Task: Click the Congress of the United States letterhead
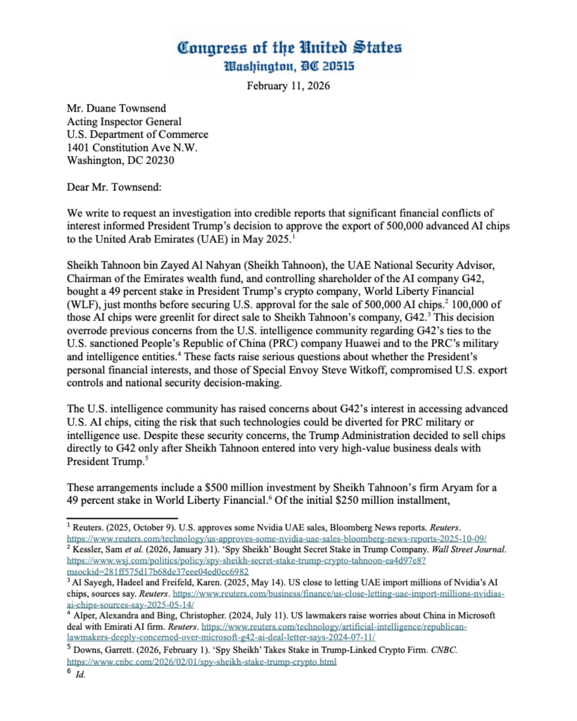point(289,48)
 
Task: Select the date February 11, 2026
point(288,86)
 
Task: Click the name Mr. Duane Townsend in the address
point(116,108)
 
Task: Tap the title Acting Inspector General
point(124,122)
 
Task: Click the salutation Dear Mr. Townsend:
point(114,187)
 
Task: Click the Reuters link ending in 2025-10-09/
point(277,539)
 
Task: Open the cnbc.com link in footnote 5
point(201,662)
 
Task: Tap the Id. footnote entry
point(80,675)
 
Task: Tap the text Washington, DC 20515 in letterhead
point(289,67)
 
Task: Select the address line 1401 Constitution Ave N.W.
point(132,148)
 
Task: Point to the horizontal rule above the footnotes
point(122,518)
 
